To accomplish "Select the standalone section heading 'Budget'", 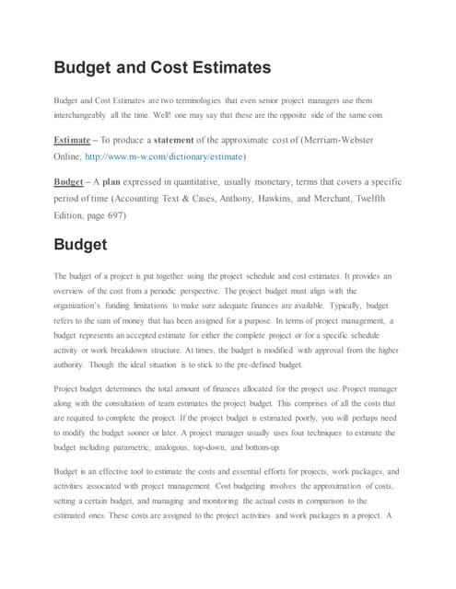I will pos(81,245).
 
